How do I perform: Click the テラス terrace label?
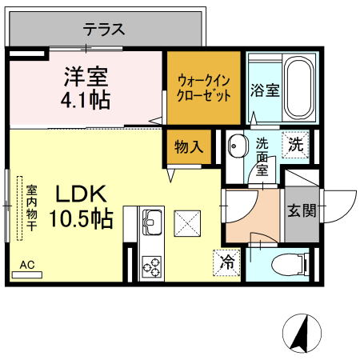pyautogui.click(x=104, y=30)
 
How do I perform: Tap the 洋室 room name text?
pyautogui.click(x=86, y=78)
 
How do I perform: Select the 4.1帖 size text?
pyautogui.click(x=86, y=102)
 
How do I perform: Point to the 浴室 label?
pyautogui.click(x=264, y=89)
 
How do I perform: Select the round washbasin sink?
pyautogui.click(x=237, y=146)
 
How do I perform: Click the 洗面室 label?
pyautogui.click(x=262, y=158)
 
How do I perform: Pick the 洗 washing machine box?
pyautogui.click(x=297, y=146)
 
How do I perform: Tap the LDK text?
pyautogui.click(x=81, y=194)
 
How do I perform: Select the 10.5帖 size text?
pyautogui.click(x=81, y=218)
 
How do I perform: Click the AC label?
pyautogui.click(x=26, y=265)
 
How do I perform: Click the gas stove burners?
pyautogui.click(x=151, y=265)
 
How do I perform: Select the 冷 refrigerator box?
pyautogui.click(x=228, y=261)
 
